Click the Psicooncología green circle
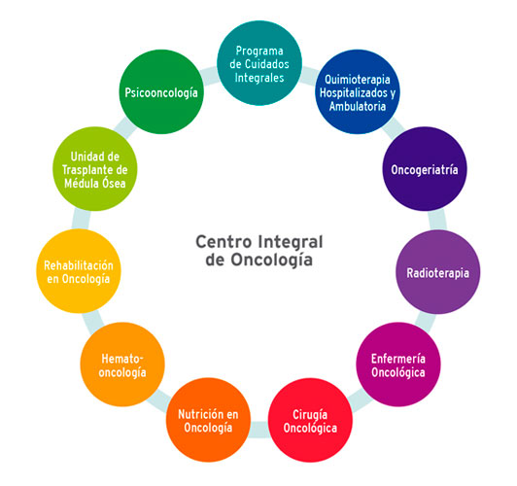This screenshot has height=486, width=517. (161, 93)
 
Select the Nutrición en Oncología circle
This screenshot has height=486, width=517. (207, 420)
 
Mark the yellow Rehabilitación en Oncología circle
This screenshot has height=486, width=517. (79, 271)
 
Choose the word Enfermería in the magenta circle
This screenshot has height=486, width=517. (405, 357)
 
